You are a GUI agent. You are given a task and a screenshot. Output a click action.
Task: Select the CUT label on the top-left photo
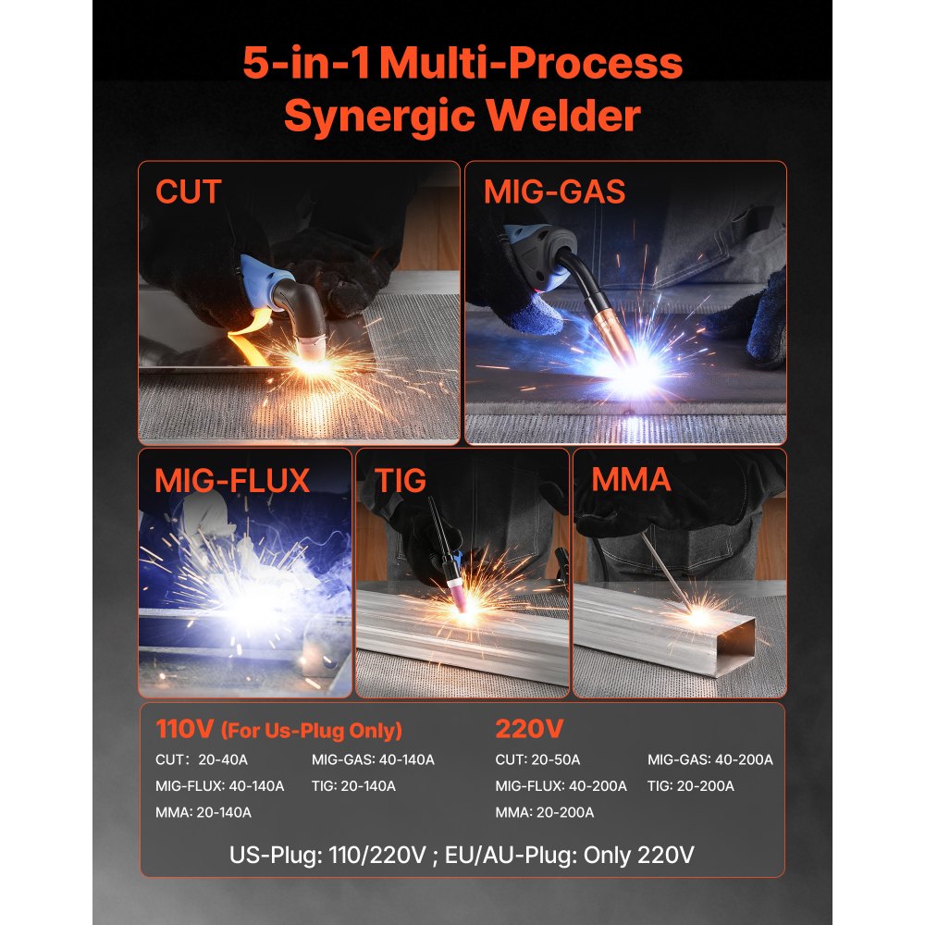(189, 192)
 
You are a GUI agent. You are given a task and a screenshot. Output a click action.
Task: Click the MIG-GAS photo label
(554, 192)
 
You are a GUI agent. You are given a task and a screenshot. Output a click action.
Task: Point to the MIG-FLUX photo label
(232, 480)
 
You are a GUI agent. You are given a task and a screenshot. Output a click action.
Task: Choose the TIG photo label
(401, 480)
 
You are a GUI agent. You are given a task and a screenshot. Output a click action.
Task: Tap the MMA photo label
(631, 480)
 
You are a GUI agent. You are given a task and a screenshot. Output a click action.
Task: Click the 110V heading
(184, 730)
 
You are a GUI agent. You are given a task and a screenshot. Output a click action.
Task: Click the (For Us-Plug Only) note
(312, 732)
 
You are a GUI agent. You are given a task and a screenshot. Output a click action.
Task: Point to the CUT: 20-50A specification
(537, 759)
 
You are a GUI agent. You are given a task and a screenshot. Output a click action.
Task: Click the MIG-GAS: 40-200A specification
(709, 759)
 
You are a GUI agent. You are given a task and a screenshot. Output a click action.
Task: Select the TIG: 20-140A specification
(353, 786)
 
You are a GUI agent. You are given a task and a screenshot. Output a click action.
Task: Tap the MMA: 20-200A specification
(544, 812)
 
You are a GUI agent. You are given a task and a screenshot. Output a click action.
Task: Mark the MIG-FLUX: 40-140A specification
(219, 786)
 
